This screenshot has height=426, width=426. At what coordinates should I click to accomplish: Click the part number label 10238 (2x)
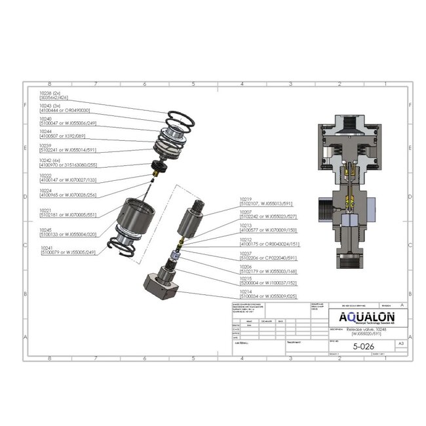[50, 94]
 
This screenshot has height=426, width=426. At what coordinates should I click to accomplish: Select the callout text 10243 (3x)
[50, 106]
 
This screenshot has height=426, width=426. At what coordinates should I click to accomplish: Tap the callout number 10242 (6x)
[50, 159]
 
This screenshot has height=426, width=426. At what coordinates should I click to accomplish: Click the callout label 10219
[246, 199]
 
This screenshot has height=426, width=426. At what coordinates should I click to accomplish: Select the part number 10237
[246, 253]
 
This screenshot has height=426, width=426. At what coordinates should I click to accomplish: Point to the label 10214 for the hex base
[246, 291]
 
